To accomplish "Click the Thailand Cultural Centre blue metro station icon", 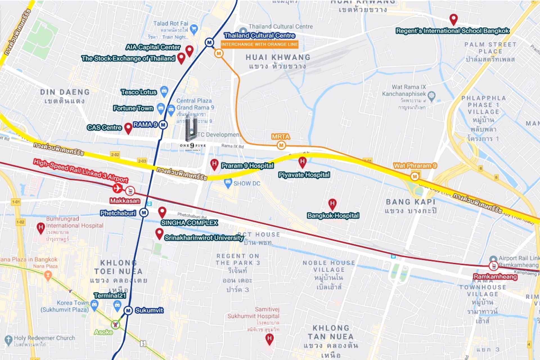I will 209,42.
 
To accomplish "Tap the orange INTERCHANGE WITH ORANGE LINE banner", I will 259,44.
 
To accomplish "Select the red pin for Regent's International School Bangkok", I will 453,19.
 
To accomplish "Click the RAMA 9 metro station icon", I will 163,125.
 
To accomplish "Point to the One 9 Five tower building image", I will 191,128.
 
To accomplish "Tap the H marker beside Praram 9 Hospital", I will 214,165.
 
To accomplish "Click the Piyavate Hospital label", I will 304,175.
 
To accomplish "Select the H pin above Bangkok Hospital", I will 332,204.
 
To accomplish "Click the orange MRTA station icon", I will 281,145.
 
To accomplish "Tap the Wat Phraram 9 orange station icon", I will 415,177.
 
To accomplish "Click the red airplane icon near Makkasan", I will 118,188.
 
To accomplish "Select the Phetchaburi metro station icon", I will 144,213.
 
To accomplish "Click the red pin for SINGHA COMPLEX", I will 162,212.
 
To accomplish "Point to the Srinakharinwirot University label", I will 204,238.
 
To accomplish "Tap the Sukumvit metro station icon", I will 128,310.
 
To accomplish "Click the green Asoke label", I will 103,332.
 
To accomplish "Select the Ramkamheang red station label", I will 495,277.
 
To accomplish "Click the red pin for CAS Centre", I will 128,128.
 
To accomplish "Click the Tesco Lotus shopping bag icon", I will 164,91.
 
